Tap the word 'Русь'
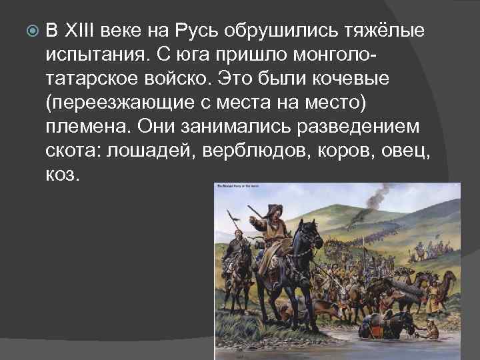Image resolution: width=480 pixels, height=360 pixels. click(198, 31)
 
